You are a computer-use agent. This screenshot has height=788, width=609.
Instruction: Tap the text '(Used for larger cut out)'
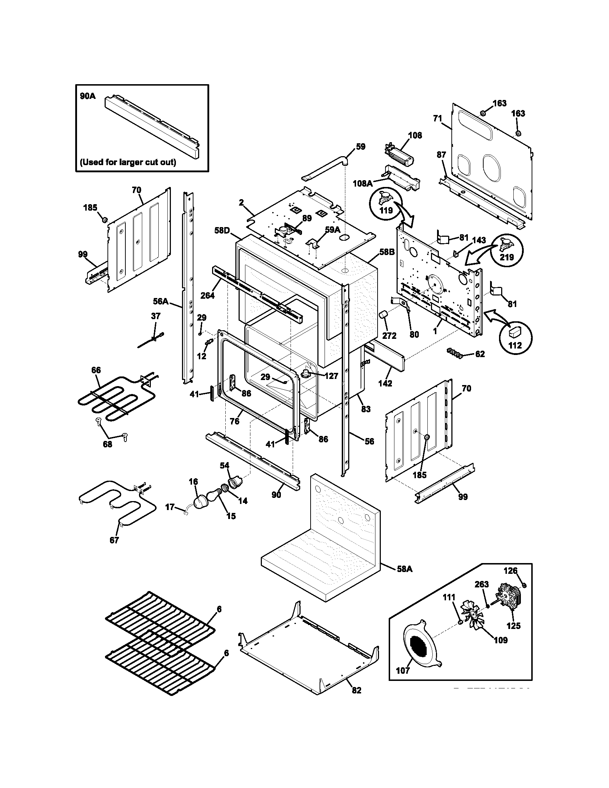point(128,162)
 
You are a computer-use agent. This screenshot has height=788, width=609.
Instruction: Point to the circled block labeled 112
point(515,337)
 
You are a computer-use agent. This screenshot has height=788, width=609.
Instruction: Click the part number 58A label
point(404,569)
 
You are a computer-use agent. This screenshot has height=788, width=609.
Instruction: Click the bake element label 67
point(114,550)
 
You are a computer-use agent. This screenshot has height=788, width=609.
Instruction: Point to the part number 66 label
point(96,370)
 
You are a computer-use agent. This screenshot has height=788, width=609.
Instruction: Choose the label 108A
point(363,184)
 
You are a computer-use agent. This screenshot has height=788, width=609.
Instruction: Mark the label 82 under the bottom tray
point(356,690)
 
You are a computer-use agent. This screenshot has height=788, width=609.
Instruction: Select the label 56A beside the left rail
point(161,301)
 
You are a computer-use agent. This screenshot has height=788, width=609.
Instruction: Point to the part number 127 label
point(331,376)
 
